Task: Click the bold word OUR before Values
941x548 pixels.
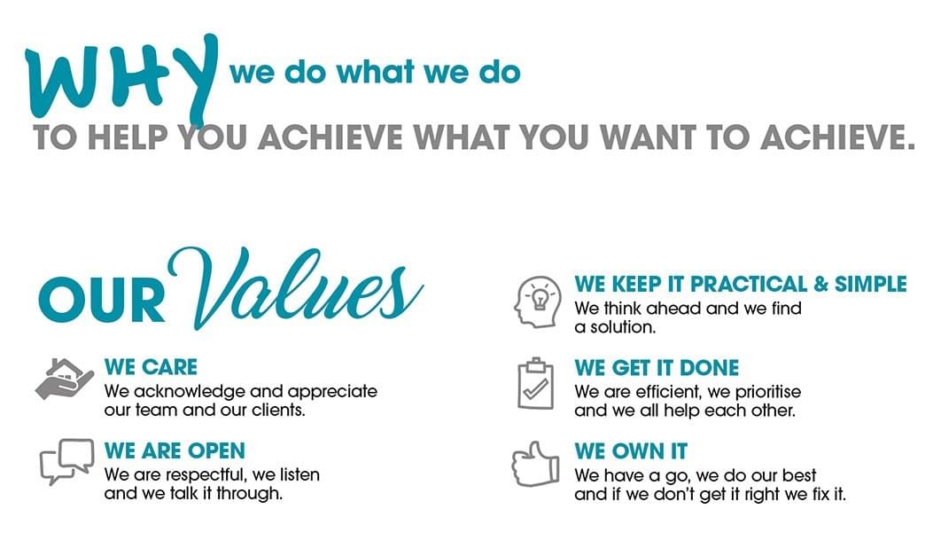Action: click(x=102, y=302)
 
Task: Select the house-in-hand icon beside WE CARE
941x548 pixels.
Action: click(x=64, y=380)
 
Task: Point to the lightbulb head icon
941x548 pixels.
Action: click(x=538, y=301)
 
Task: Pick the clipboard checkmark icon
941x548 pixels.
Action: click(x=535, y=383)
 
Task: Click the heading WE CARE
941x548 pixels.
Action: click(x=151, y=367)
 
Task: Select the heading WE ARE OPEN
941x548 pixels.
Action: click(x=175, y=450)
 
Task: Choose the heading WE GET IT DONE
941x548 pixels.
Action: click(x=657, y=368)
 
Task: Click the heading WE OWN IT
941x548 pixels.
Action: click(x=631, y=451)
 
